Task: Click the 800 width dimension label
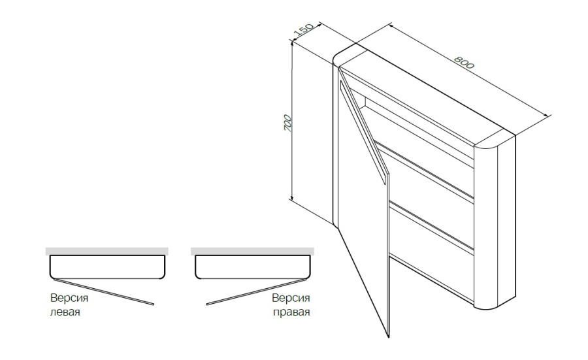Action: [x=464, y=63]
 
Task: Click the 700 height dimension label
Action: [x=287, y=123]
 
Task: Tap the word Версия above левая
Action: [x=69, y=298]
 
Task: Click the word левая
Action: [x=65, y=312]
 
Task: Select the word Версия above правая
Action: [x=291, y=298]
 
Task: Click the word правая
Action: [x=291, y=312]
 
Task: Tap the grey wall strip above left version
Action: [x=107, y=252]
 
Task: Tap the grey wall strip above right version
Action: [x=252, y=252]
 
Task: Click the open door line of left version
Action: [x=104, y=292]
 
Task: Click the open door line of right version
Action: [x=257, y=292]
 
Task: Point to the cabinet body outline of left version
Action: [x=107, y=278]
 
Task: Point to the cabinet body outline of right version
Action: [x=253, y=278]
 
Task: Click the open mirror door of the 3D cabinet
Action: [x=363, y=203]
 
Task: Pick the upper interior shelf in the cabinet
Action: [x=425, y=171]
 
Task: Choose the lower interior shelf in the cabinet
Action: [x=431, y=226]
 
